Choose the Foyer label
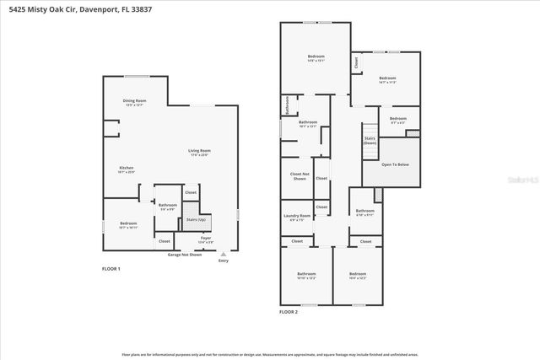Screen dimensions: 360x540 205,239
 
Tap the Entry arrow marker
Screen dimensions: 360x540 223,253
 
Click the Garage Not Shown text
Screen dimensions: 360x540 185,254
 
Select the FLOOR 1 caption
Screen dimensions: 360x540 111,269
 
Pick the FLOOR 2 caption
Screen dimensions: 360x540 289,312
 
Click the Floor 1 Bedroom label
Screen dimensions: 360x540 127,225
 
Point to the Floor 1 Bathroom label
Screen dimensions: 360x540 167,207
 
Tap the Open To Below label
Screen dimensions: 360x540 395,164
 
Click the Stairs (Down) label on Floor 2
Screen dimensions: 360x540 370,140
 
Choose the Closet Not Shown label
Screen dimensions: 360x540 299,176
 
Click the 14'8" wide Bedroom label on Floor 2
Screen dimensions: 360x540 316,59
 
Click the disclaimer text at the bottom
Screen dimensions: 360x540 270,354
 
